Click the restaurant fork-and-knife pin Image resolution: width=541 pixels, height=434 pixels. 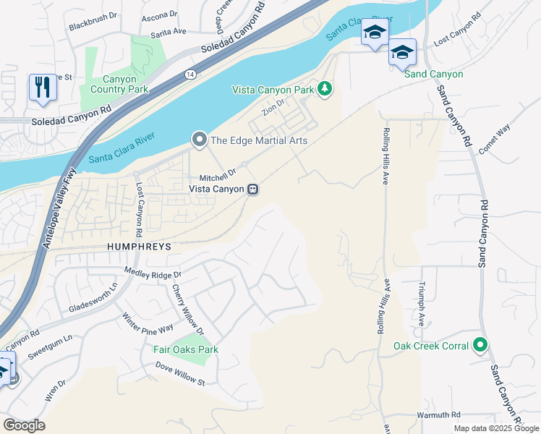[x=43, y=88]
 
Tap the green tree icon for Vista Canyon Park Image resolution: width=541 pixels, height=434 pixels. [x=325, y=89]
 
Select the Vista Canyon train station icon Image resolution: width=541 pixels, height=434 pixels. [x=253, y=189]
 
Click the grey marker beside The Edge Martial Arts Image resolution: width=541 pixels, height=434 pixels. [x=197, y=140]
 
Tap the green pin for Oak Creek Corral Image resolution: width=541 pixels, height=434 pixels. [x=480, y=346]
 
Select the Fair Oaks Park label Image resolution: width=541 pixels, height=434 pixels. [x=186, y=349]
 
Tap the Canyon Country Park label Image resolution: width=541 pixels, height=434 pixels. [x=115, y=84]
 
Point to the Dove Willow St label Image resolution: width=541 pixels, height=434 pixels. [x=181, y=374]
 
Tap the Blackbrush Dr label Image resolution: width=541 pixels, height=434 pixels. [x=93, y=26]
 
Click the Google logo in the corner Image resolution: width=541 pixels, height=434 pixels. [x=24, y=425]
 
